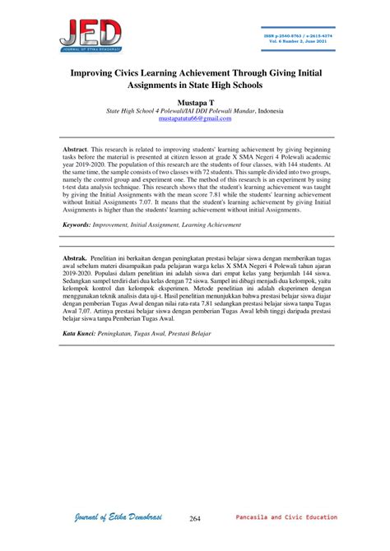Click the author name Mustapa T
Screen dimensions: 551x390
194,100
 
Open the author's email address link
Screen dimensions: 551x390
194,118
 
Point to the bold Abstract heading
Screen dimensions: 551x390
80,150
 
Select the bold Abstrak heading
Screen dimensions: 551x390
79,258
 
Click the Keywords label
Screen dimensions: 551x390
82,224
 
